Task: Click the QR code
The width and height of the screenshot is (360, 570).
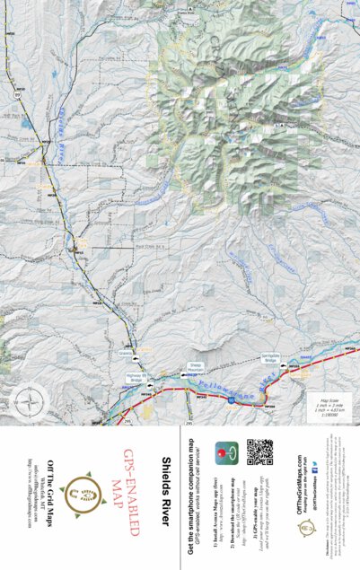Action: click(259, 452)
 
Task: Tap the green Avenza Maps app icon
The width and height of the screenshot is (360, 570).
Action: click(225, 451)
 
